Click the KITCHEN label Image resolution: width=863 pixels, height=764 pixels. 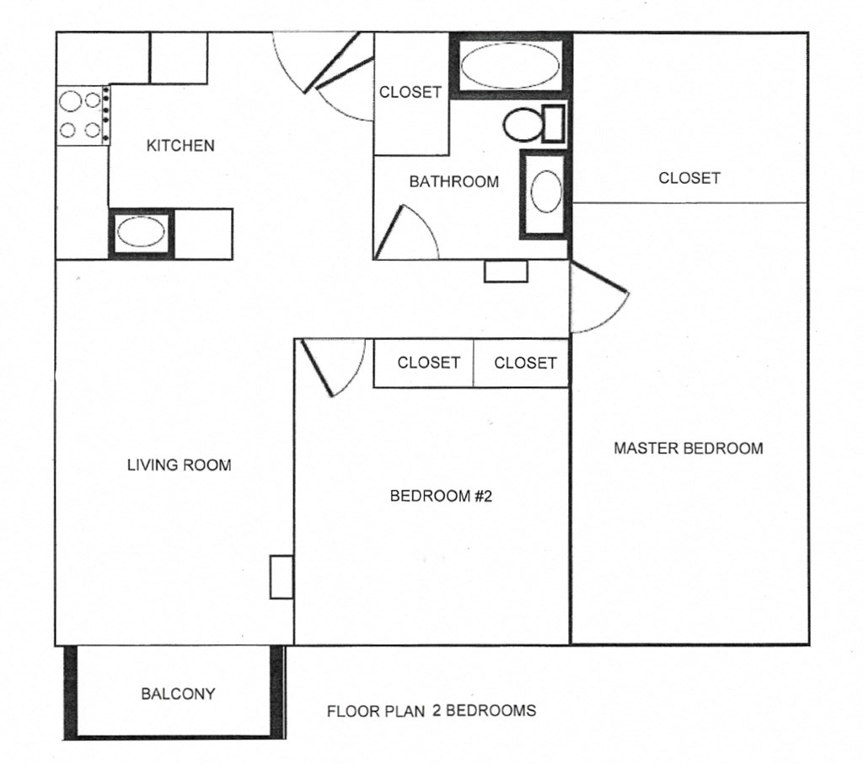click(180, 146)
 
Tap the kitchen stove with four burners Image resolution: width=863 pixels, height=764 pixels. click(83, 116)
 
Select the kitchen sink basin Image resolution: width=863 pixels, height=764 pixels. click(140, 233)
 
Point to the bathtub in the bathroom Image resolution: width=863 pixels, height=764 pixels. click(511, 65)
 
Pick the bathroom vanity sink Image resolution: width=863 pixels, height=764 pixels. click(545, 193)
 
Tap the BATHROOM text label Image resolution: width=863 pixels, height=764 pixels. click(453, 181)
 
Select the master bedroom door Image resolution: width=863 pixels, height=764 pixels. click(600, 298)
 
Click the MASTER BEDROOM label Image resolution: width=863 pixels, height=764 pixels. click(688, 449)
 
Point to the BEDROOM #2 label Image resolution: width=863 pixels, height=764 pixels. click(440, 497)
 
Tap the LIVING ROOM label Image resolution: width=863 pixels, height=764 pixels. click(179, 465)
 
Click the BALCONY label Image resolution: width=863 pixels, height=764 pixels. click(178, 694)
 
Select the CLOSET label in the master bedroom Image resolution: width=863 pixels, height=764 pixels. click(689, 178)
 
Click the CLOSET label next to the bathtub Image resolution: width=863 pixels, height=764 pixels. click(410, 93)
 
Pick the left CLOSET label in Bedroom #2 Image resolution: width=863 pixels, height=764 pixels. click(429, 363)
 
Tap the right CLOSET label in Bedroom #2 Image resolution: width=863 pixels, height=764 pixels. click(525, 363)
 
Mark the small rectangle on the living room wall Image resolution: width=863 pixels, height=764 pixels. click(281, 577)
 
